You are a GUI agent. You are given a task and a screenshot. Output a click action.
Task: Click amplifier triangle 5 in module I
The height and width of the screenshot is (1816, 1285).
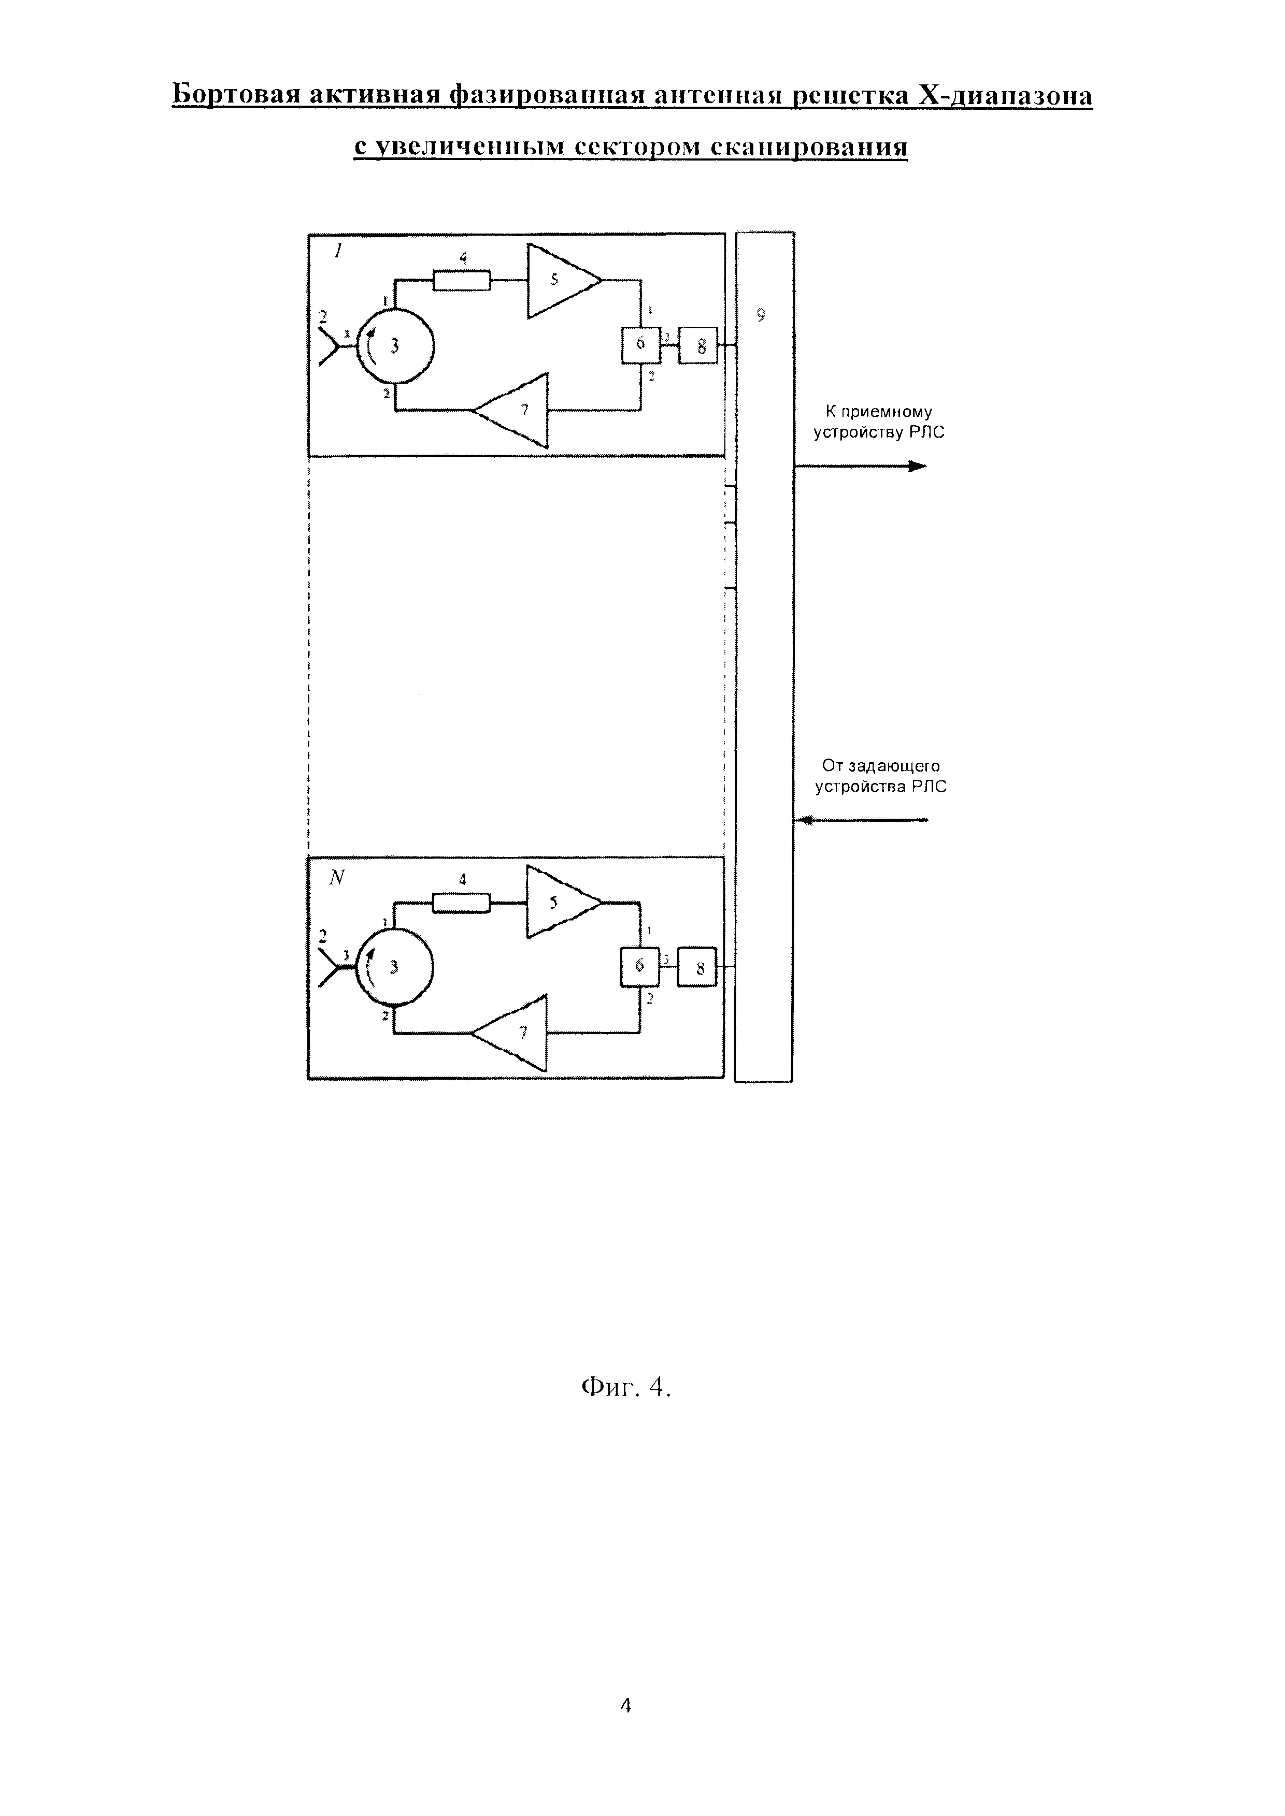click(560, 280)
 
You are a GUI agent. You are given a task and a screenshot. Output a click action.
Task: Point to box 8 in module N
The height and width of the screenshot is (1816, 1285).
click(697, 967)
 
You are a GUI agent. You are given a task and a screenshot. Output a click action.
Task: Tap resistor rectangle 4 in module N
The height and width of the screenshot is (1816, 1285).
click(461, 902)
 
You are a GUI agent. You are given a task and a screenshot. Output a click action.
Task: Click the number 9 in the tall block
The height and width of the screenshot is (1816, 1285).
click(761, 315)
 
